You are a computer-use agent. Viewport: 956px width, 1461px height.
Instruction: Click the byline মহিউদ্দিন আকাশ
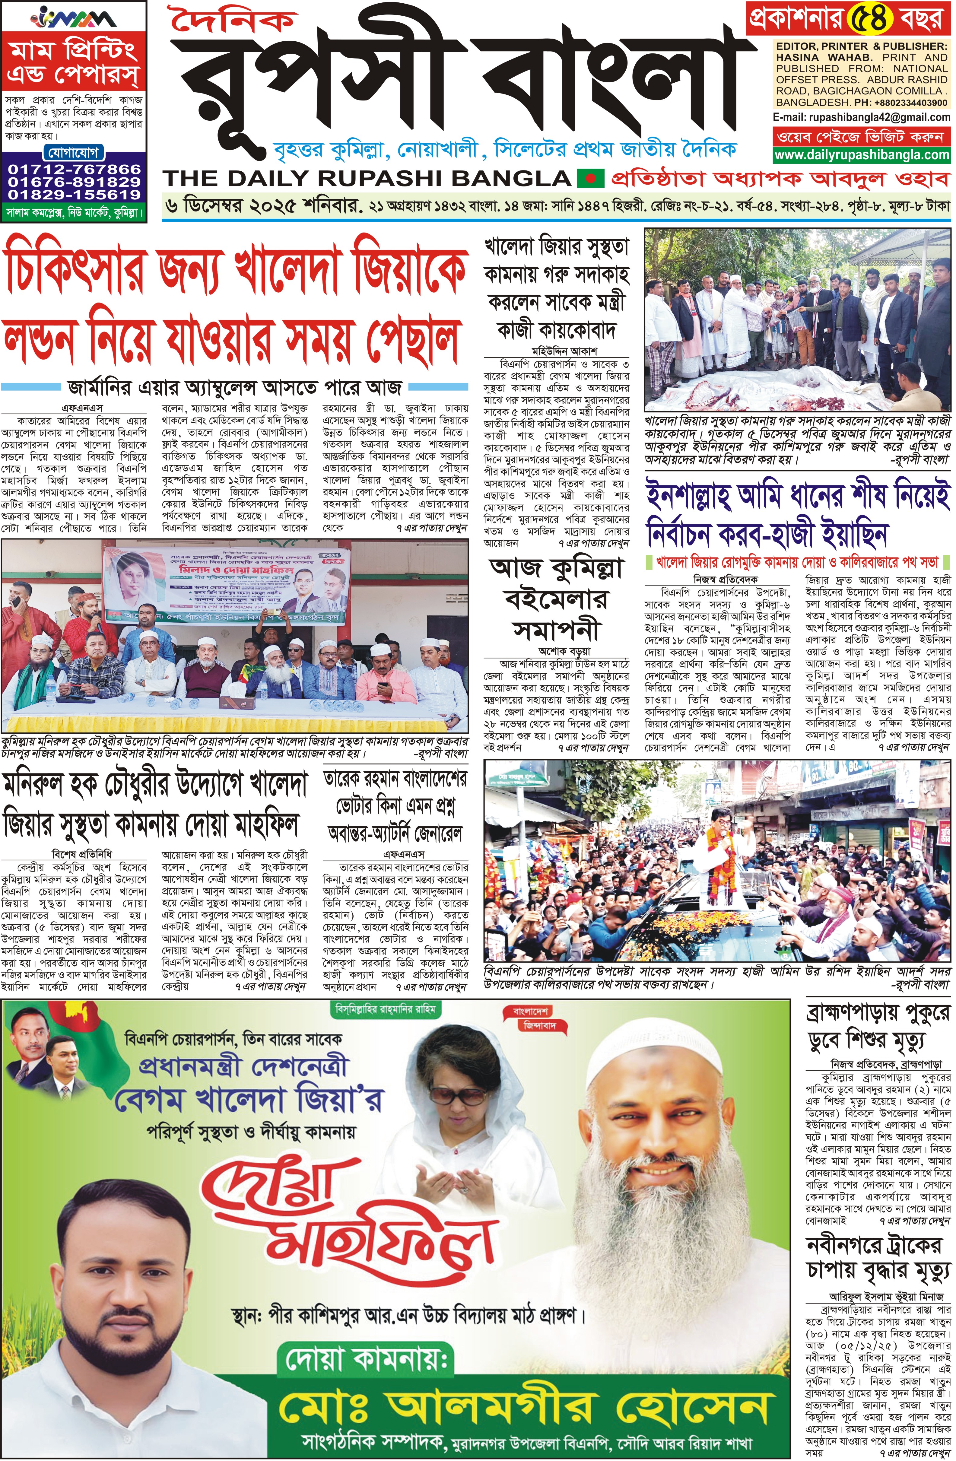pyautogui.click(x=556, y=352)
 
